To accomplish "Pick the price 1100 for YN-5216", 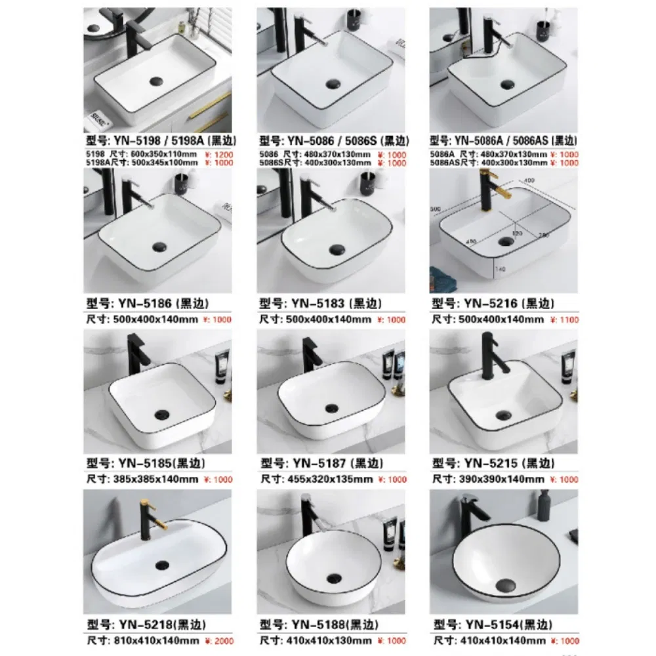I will (567, 319).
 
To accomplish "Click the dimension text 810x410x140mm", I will (144, 640).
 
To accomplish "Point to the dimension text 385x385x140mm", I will (144, 480).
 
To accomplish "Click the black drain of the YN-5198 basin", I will (157, 81).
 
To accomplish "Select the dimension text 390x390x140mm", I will (489, 480).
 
